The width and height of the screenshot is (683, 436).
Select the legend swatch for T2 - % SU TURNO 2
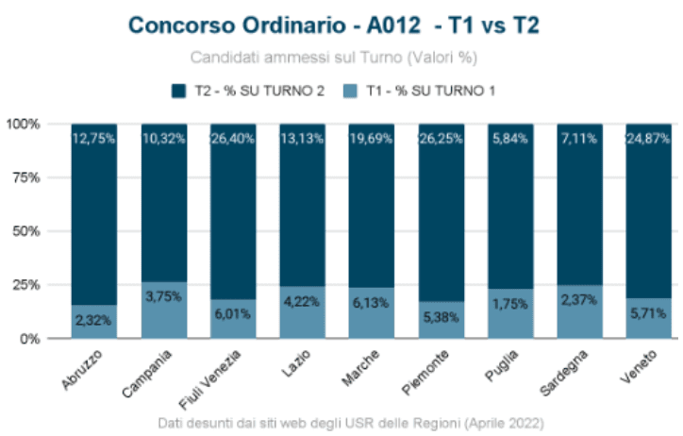[177, 91]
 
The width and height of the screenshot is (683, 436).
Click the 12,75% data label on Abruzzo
[94, 139]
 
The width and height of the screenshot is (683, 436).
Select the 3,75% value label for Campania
[164, 294]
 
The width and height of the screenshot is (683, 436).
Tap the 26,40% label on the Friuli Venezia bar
[233, 139]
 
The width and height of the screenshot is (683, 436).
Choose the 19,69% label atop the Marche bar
[372, 139]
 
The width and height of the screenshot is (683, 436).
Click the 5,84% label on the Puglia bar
[510, 139]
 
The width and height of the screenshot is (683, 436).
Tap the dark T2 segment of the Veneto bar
[649, 217]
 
